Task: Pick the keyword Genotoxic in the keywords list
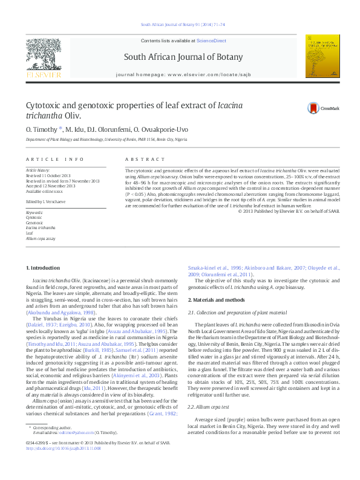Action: (x=35, y=222)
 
